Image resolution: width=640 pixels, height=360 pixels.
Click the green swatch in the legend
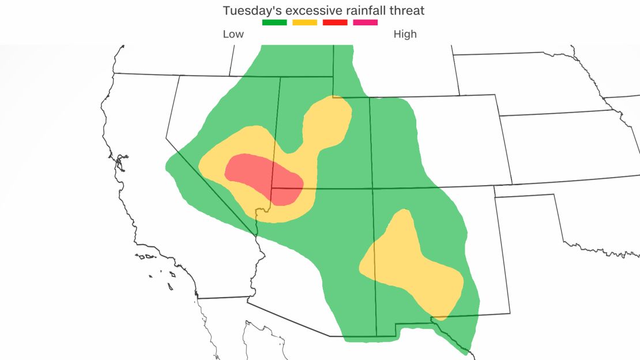point(274,22)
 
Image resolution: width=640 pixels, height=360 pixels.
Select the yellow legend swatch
point(304,22)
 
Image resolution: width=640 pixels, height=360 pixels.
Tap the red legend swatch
point(335,22)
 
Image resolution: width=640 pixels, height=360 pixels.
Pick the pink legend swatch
point(366,22)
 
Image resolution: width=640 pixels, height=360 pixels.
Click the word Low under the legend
point(234,34)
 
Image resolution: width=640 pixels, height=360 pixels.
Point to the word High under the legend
point(405,34)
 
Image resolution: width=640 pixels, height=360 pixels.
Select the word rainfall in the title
point(357,10)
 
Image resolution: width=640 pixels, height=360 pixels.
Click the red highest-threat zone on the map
point(262,176)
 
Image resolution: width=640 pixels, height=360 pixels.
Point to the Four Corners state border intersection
point(373,188)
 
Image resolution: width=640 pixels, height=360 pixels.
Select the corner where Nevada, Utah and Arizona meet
point(272,188)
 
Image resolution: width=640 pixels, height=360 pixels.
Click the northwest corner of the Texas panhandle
point(495,197)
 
